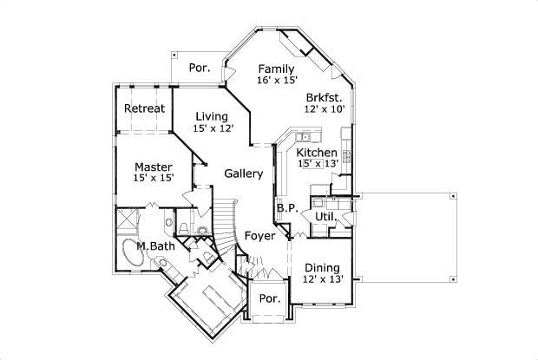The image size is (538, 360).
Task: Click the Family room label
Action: (276, 69)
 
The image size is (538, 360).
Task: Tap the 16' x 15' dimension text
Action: (277, 81)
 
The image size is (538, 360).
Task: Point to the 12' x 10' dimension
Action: (325, 109)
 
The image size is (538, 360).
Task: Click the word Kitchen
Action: (317, 152)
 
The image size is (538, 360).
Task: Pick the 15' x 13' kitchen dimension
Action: (317, 163)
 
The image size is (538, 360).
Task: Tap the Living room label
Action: (211, 116)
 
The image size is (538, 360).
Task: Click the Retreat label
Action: (144, 108)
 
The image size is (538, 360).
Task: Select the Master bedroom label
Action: (153, 167)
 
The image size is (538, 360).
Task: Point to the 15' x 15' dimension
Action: (154, 178)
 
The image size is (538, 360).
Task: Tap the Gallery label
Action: (244, 173)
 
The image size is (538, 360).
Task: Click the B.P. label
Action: (287, 208)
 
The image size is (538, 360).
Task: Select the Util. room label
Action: (325, 215)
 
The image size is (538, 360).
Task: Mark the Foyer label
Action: (259, 235)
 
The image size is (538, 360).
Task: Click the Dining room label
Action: (321, 267)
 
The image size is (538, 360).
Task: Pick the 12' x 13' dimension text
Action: (322, 279)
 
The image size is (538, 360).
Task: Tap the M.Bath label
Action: (155, 246)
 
